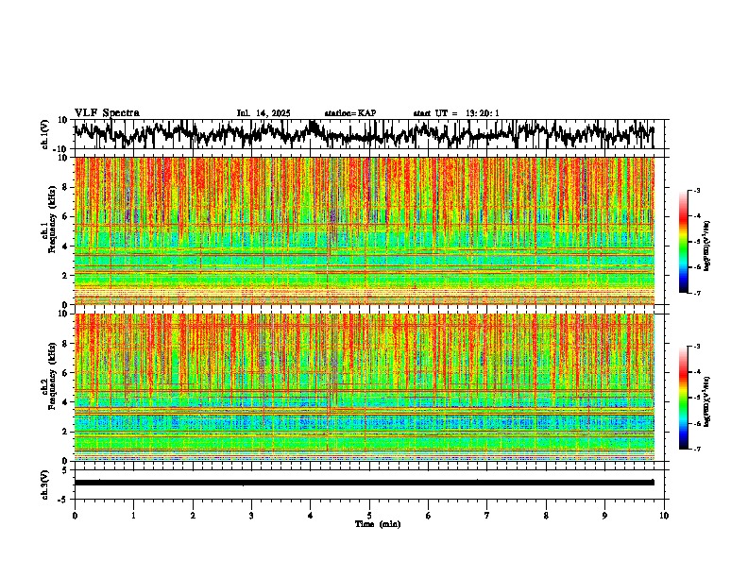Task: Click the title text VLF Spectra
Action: (107, 113)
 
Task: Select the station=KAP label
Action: (349, 113)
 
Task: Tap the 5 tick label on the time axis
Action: (369, 515)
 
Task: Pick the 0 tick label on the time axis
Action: (75, 515)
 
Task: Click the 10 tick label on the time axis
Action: (664, 515)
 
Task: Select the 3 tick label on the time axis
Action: (251, 515)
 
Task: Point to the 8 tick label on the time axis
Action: (546, 515)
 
